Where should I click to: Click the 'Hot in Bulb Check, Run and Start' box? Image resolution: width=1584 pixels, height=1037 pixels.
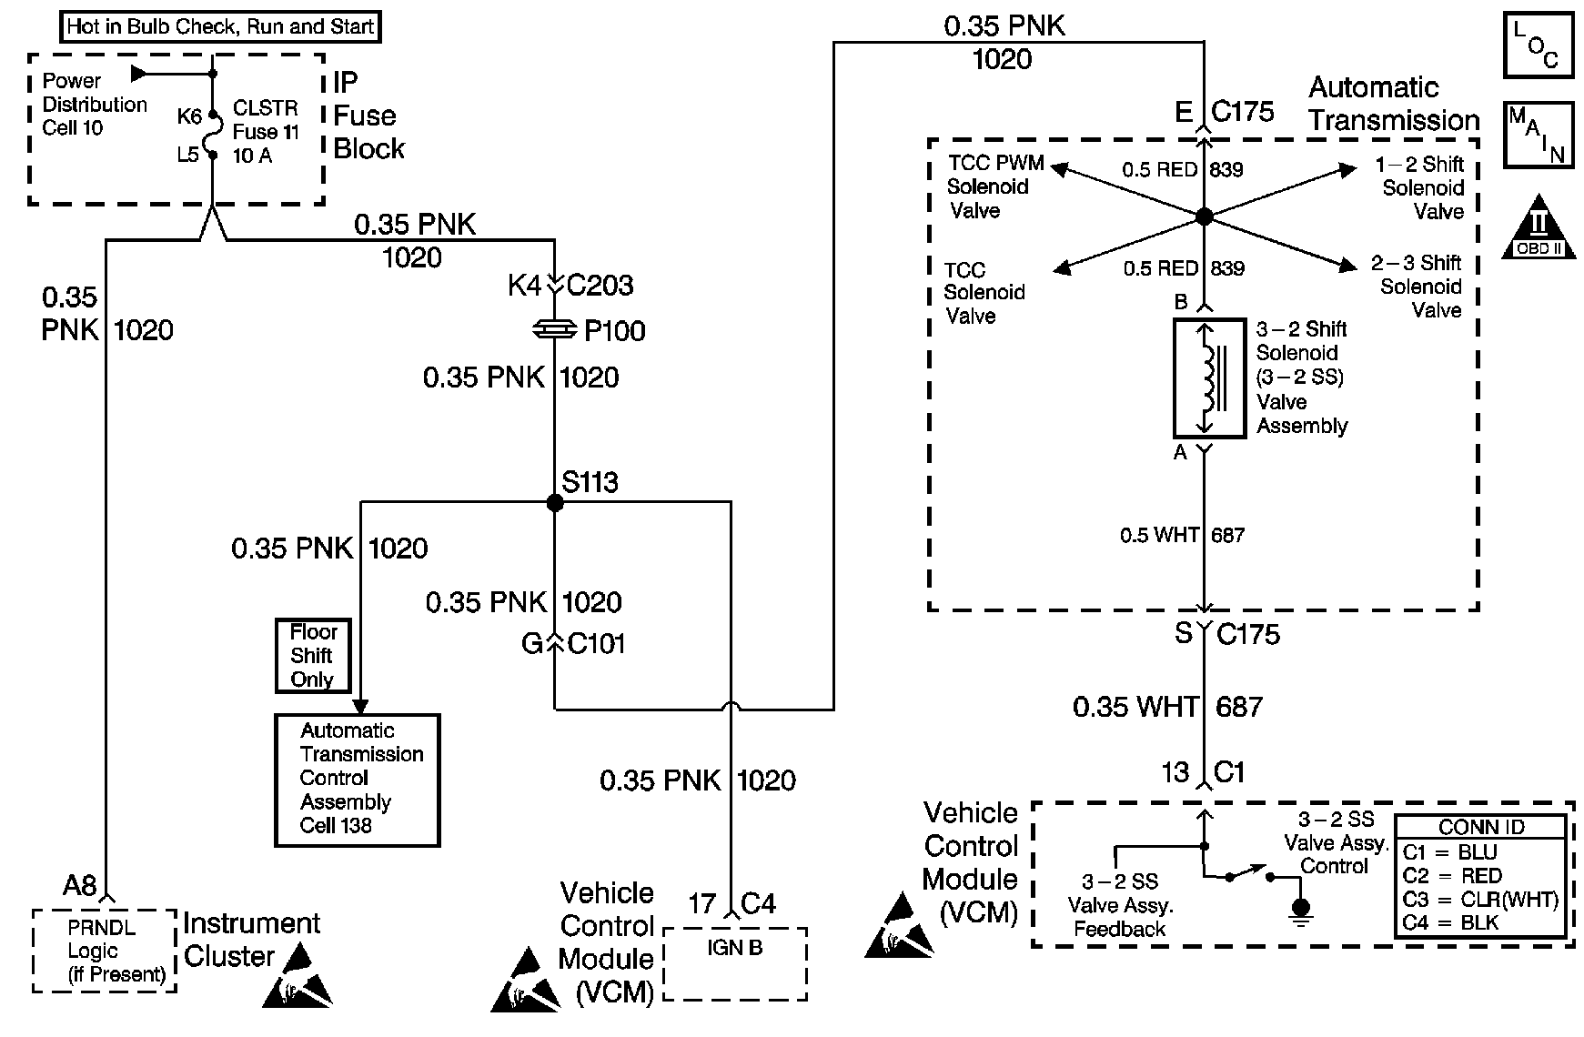tap(220, 26)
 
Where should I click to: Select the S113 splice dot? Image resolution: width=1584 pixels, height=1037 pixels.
tap(555, 502)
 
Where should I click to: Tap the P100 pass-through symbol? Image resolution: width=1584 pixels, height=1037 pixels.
tap(554, 330)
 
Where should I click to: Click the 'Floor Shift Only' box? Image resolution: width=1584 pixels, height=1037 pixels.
tap(313, 655)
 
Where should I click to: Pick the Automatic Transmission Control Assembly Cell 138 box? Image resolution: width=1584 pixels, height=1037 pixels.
tap(358, 780)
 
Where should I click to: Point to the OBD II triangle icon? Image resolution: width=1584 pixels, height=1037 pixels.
tap(1539, 226)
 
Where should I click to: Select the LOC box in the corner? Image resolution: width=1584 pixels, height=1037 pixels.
tap(1538, 45)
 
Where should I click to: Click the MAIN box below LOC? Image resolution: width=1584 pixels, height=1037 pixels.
tap(1538, 135)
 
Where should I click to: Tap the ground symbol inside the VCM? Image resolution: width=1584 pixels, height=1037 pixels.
tap(1302, 910)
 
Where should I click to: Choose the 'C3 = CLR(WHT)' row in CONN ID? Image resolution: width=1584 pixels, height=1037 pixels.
tap(1480, 900)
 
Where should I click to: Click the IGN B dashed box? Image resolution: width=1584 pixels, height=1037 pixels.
tap(735, 962)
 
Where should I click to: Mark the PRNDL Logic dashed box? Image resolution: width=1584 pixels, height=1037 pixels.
tap(105, 951)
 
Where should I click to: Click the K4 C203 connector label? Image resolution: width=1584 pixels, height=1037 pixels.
tap(570, 286)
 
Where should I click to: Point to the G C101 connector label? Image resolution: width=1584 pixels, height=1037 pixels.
tap(573, 644)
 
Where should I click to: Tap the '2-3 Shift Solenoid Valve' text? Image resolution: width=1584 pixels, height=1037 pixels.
tap(1420, 287)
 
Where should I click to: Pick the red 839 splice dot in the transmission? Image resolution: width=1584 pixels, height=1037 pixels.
tap(1204, 216)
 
